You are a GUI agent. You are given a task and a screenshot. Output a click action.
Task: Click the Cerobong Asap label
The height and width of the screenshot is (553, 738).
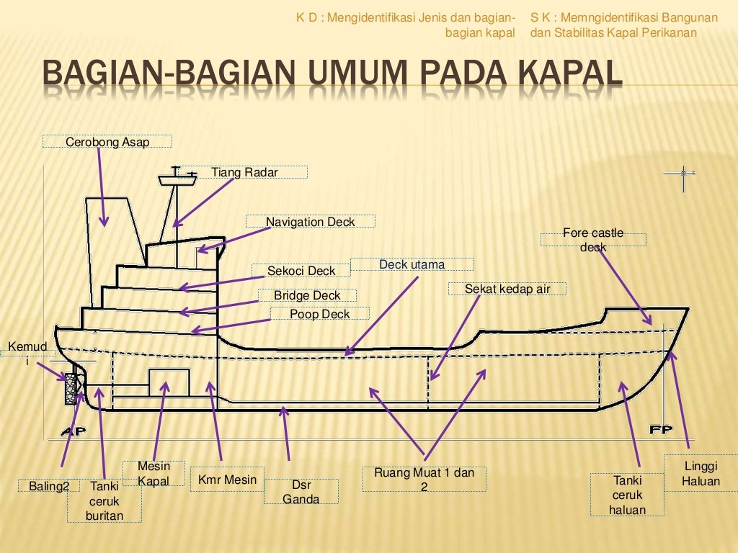point(107,142)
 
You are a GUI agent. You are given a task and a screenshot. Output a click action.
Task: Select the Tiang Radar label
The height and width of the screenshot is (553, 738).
point(244,172)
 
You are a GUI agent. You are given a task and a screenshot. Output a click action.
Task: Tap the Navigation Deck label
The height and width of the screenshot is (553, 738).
point(311,222)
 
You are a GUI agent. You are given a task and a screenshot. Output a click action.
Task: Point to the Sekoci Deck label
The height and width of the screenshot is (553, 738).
point(301,271)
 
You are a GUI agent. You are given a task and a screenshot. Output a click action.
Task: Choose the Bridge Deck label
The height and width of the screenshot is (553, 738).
point(307,295)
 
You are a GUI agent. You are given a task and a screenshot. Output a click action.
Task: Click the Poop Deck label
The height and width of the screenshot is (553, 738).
point(319,314)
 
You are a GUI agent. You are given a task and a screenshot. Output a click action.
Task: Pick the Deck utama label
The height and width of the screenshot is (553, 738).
point(412,264)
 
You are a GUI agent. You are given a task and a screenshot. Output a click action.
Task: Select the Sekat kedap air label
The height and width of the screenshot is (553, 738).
point(507,289)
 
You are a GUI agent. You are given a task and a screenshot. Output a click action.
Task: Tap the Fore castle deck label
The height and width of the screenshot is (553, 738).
point(593,240)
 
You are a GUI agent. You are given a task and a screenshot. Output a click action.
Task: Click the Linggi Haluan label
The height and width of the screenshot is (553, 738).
point(701,473)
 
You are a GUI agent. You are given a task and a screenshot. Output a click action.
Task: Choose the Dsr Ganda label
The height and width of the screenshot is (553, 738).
point(301,492)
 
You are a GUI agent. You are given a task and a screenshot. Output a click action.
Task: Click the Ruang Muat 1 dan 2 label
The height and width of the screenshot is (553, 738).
point(424,480)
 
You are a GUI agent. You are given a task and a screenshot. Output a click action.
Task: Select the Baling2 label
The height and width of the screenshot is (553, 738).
point(49,486)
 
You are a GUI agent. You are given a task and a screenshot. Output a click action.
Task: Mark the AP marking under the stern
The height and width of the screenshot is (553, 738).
point(73,431)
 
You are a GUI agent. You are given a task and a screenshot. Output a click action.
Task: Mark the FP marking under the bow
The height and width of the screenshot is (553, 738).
point(661,430)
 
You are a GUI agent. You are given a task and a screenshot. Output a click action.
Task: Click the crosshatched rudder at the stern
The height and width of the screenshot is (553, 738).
point(71,389)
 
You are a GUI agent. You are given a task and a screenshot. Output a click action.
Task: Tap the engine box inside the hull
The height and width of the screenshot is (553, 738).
point(169,382)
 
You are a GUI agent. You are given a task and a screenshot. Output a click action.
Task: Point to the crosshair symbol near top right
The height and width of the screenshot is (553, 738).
point(683,173)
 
